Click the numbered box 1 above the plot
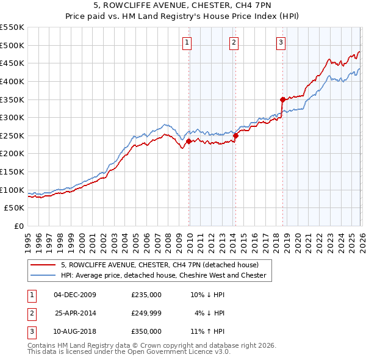point(186,42)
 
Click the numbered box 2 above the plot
point(234,42)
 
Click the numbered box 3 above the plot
point(281,42)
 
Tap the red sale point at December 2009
point(188,141)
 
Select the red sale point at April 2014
point(235,135)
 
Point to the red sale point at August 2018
point(282,99)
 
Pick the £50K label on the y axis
point(15,208)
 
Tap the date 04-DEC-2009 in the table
point(75,295)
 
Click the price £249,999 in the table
point(146,313)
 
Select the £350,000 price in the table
point(146,331)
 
